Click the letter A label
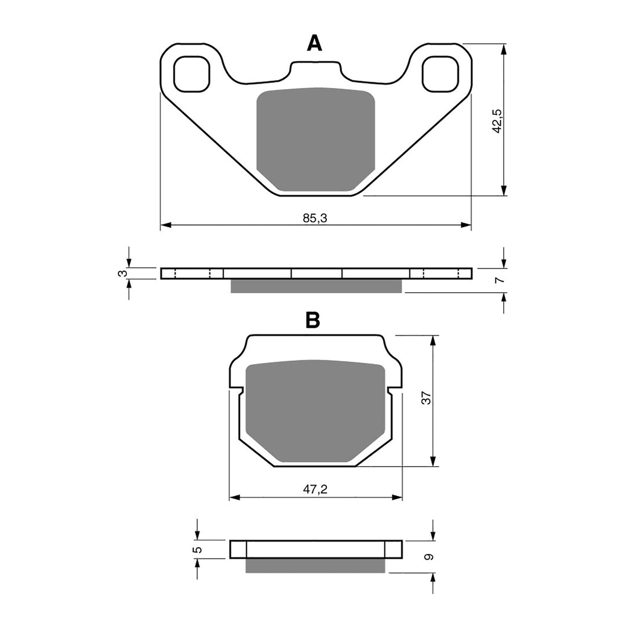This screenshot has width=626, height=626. pos(314,43)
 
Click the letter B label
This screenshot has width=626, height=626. pos(312,320)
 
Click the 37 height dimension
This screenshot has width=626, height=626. pos(426,398)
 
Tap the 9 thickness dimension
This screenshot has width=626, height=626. pos(428,557)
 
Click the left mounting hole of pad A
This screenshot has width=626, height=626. pos(191,74)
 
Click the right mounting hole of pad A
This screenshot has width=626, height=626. pos(440,74)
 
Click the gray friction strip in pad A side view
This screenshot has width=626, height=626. pos(316,286)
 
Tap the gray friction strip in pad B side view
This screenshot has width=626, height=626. pos(315,566)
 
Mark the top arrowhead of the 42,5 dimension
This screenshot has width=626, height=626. pos(504,49)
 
